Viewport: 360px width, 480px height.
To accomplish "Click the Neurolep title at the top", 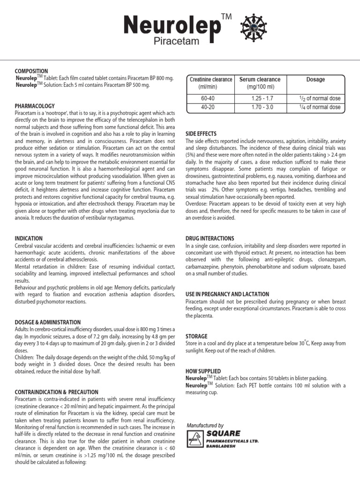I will click(x=172, y=27).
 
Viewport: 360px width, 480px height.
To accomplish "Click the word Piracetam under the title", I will click(x=176, y=43).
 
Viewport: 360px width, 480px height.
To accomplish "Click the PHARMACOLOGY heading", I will click(x=35, y=106).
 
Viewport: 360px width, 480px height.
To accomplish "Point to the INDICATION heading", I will click(x=29, y=239).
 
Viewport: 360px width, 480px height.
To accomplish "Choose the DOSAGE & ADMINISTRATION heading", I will click(x=48, y=322).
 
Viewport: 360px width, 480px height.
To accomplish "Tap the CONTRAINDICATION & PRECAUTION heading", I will click(x=57, y=392).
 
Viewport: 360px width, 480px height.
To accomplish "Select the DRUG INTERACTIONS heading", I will click(x=210, y=239).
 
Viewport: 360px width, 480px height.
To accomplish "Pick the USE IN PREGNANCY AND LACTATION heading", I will click(x=227, y=294).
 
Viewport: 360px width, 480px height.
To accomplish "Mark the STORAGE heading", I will click(x=197, y=337).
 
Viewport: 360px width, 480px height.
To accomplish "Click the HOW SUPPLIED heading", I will click(x=203, y=371).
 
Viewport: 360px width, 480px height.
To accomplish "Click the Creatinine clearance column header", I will click(x=210, y=83).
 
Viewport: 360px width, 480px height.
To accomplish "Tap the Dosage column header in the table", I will click(x=315, y=80).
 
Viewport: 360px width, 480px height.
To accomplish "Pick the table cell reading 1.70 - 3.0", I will click(x=262, y=107).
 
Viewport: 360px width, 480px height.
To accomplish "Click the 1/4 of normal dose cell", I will click(x=320, y=107).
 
